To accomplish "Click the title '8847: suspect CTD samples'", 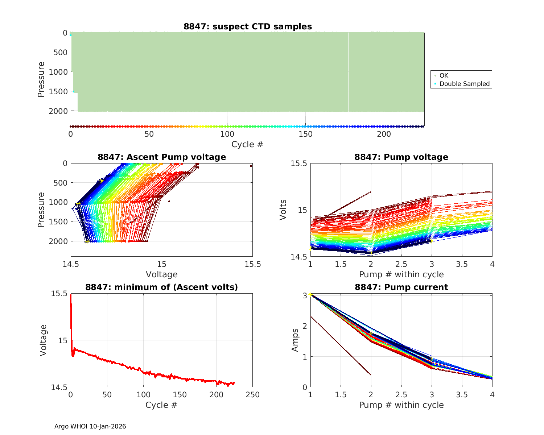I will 247,26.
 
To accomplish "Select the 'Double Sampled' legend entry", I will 464,84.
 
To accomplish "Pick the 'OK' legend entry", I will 444,75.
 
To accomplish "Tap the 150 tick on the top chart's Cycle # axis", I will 305,134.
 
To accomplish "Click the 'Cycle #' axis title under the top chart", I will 247,144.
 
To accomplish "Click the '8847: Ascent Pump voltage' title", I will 162,157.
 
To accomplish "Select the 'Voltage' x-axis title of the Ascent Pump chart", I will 162,274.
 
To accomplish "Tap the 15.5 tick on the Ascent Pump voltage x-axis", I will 252,264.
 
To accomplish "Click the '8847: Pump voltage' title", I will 401,157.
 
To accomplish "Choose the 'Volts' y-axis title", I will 283,210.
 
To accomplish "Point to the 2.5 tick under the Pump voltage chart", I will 401,264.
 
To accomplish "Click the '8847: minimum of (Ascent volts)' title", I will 162,287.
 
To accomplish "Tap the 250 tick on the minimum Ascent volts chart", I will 252,395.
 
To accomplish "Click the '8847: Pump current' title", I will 401,287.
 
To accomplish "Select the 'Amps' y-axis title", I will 295,340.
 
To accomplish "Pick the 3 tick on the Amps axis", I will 305,295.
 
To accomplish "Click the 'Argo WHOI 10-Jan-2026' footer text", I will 90,426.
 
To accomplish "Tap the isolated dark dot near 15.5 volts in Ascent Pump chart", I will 251,166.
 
